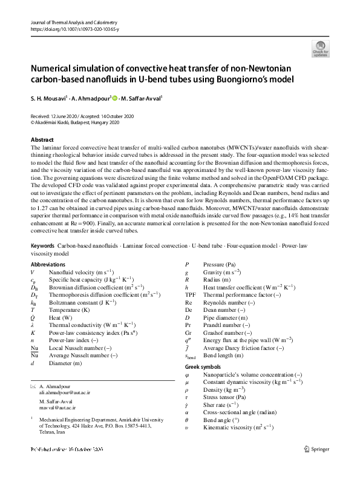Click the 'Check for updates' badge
click(x=320, y=48)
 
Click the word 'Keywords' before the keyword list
click(x=42, y=248)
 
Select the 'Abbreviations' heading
click(x=48, y=265)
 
